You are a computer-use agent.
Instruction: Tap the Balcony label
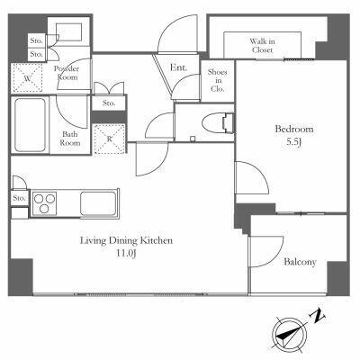[x=300, y=262]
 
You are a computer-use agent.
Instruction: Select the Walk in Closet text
[x=263, y=46]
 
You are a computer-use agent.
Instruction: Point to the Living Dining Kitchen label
[x=126, y=240]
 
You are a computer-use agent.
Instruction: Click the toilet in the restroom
[x=218, y=123]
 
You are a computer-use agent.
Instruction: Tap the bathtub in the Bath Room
[x=30, y=125]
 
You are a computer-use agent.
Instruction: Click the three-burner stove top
[x=44, y=203]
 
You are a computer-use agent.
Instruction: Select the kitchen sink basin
[x=98, y=203]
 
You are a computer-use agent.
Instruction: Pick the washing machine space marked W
[x=28, y=78]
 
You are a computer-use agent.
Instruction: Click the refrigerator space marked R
[x=110, y=139]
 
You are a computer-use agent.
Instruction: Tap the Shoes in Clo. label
[x=218, y=80]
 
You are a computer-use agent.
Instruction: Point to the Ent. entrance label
[x=178, y=67]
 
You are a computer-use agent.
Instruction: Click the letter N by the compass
[x=317, y=315]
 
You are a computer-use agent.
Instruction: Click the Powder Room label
[x=67, y=73]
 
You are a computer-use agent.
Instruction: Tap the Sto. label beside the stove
[x=19, y=198]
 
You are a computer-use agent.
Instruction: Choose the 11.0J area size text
[x=126, y=254]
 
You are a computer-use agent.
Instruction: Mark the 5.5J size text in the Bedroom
[x=293, y=142]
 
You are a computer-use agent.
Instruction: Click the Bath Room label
[x=70, y=139]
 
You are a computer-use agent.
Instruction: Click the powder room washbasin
[x=69, y=31]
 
